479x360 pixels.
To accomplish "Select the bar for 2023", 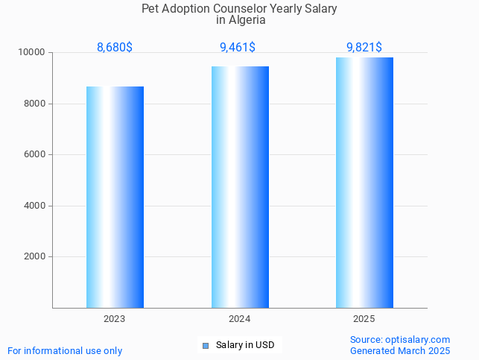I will coord(115,197).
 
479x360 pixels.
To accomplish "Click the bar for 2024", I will coord(240,187).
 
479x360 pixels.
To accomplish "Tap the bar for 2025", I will coord(364,183).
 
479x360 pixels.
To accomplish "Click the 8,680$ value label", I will coord(115,48).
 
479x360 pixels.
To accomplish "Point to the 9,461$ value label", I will coord(238,48).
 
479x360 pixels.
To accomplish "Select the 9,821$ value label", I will coord(364,48).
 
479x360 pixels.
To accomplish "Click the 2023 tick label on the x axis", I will coord(115,319).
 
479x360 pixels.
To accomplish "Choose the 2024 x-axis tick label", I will coord(240,319).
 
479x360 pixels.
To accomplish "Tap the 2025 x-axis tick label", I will coord(364,319).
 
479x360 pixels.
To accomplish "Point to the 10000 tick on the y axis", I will coord(32,53).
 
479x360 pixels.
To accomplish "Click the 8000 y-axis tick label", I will coord(34,104).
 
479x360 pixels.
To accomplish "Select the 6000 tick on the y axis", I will coord(34,155).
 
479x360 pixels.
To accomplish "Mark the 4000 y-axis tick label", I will coord(34,206).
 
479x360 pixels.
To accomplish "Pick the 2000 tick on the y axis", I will coord(34,257).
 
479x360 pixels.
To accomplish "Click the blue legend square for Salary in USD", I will coord(206,345).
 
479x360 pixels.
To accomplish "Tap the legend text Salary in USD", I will coord(245,345).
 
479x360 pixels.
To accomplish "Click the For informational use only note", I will coord(65,350).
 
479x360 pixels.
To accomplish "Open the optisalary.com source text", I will coord(417,339).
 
